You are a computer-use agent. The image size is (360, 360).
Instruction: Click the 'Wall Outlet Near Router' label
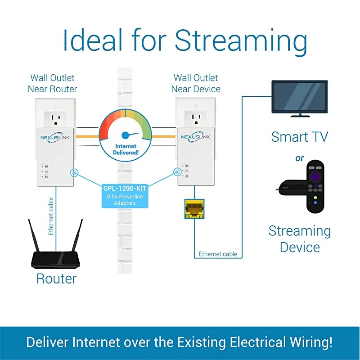(52, 83)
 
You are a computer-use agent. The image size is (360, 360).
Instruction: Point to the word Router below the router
(56, 279)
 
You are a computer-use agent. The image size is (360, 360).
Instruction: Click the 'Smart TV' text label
(299, 136)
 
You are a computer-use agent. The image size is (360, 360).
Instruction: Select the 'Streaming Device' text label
(299, 238)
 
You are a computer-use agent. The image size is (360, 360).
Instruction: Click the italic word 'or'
(299, 158)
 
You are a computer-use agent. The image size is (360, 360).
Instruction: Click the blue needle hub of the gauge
(126, 135)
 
